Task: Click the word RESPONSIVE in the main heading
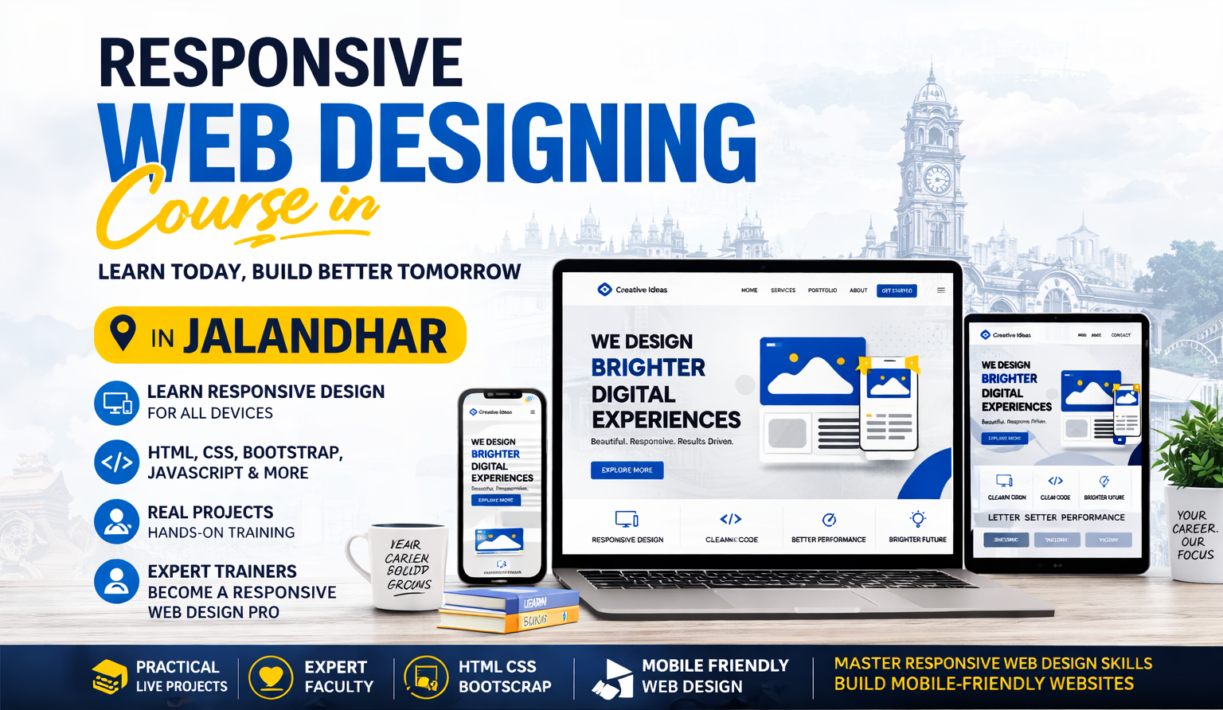click(280, 64)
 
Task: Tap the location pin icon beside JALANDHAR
click(123, 334)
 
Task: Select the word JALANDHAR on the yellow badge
click(315, 337)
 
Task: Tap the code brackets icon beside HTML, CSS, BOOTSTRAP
click(116, 462)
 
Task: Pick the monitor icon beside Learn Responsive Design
click(116, 403)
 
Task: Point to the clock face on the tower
click(937, 180)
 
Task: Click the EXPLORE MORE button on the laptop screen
click(627, 470)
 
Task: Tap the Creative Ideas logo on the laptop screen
click(633, 290)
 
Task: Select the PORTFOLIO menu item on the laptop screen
click(822, 291)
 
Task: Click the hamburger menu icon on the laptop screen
click(941, 291)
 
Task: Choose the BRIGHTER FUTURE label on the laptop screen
click(917, 540)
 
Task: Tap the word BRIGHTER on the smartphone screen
click(495, 454)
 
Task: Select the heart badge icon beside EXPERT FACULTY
click(271, 677)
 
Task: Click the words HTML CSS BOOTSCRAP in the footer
click(504, 677)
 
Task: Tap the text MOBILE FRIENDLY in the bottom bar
click(715, 665)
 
